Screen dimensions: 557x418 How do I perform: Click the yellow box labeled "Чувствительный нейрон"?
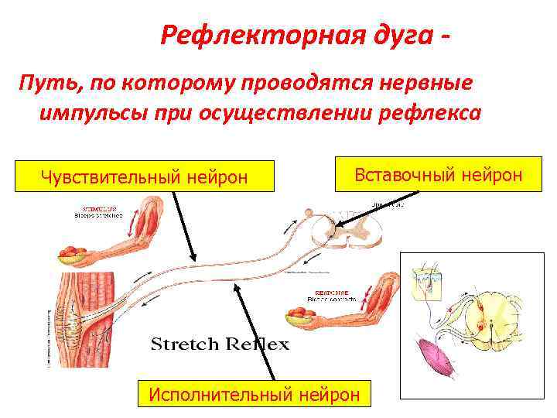[x=145, y=177]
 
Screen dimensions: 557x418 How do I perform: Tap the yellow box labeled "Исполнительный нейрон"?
[x=255, y=394]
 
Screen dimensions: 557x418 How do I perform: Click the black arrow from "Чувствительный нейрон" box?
[x=183, y=225]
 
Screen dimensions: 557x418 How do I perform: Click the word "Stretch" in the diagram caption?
[x=186, y=343]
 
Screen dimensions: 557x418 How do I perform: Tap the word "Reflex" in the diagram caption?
[x=255, y=343]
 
